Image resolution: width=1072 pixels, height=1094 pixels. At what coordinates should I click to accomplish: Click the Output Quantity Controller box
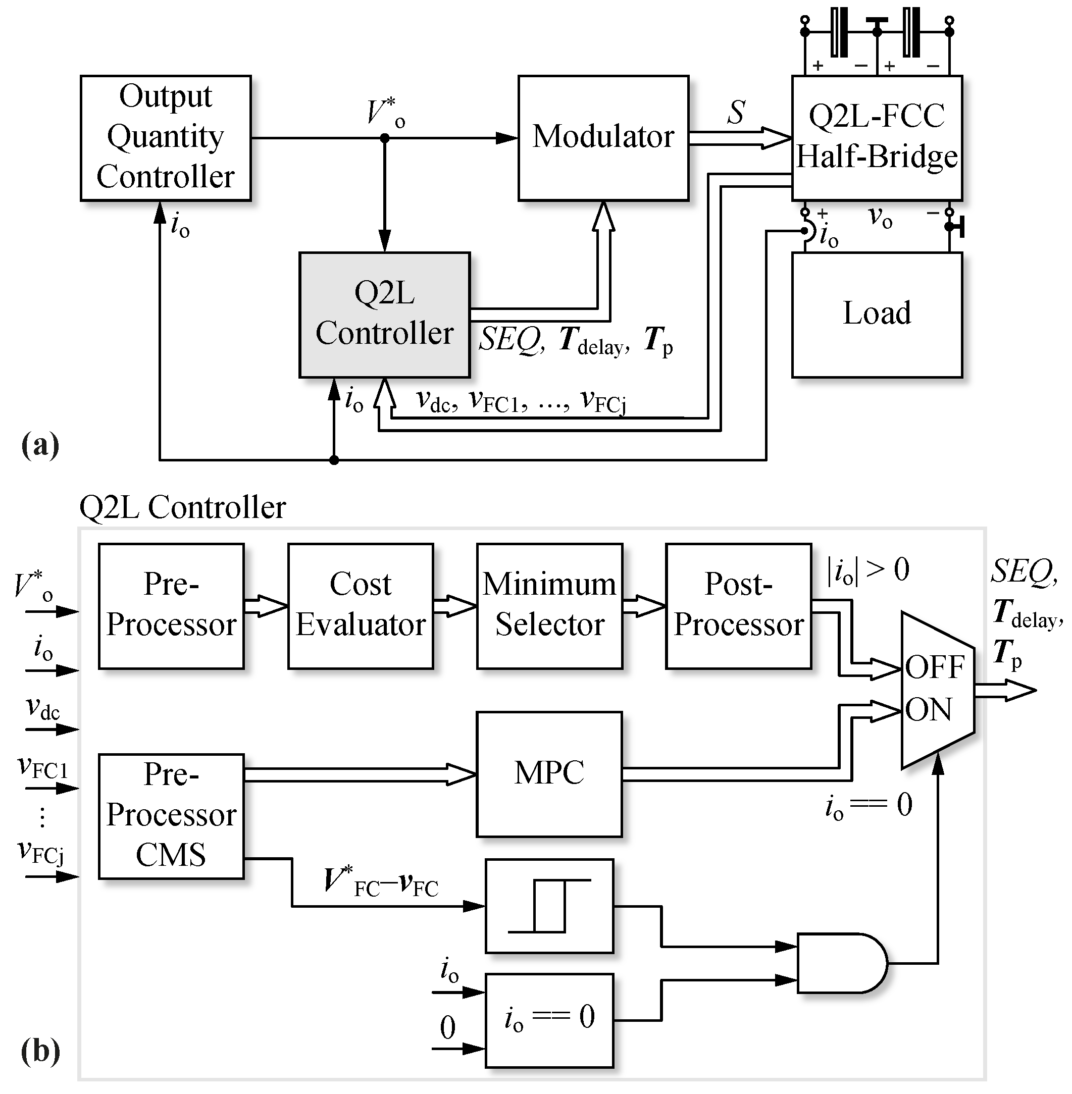point(165,138)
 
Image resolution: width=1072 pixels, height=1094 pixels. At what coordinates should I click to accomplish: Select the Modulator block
point(603,138)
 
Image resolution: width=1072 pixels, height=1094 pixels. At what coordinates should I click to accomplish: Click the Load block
point(877,314)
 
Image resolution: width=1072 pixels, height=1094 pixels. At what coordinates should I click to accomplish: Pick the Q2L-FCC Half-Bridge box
point(877,138)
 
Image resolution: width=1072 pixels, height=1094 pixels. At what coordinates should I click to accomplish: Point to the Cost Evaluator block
point(361,606)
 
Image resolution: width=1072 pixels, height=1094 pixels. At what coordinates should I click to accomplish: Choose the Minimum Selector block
point(549,606)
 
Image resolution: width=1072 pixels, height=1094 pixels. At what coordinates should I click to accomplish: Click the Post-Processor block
point(738,606)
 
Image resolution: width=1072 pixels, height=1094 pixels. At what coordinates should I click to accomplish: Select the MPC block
point(549,774)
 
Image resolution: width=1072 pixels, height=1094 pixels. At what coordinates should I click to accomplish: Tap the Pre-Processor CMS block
point(171,816)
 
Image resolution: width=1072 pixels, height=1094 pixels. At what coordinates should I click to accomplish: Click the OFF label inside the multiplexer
point(935,668)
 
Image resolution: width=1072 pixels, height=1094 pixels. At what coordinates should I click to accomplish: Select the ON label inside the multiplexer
point(929,709)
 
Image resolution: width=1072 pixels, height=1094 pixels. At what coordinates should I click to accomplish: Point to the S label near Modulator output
point(736,112)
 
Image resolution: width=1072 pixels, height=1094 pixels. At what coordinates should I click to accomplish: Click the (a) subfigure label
point(40,445)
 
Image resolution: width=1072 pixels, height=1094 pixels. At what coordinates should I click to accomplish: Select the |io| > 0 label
point(867,570)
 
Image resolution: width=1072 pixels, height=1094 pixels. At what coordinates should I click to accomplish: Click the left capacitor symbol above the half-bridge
point(839,32)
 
